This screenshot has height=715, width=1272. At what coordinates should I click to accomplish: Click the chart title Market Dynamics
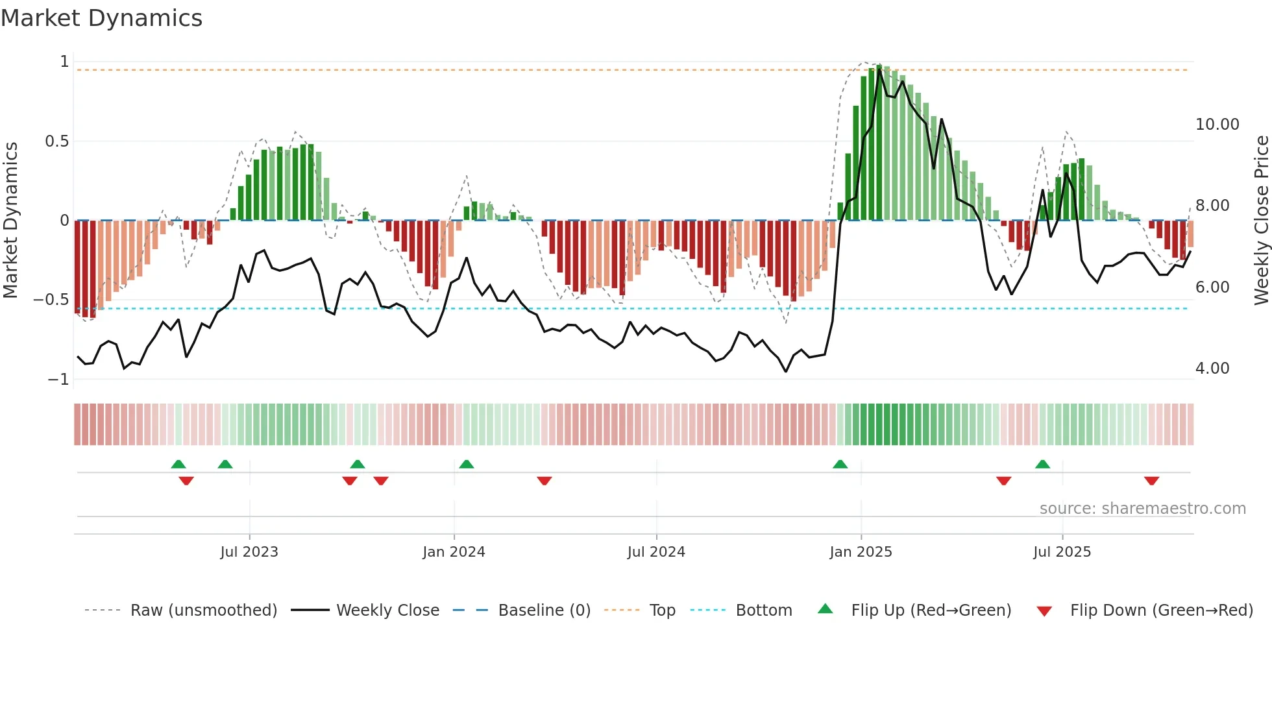pyautogui.click(x=101, y=18)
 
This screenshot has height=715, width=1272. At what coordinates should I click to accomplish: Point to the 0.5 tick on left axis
pyautogui.click(x=56, y=141)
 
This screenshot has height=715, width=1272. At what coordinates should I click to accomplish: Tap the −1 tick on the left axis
pyautogui.click(x=58, y=380)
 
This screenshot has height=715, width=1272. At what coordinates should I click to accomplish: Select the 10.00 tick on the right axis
pyautogui.click(x=1217, y=125)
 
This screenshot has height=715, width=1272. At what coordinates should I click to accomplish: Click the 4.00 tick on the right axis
pyautogui.click(x=1212, y=369)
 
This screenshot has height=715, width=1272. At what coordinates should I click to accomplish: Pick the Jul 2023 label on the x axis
pyautogui.click(x=249, y=552)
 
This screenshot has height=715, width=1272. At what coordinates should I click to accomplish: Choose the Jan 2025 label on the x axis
pyautogui.click(x=861, y=552)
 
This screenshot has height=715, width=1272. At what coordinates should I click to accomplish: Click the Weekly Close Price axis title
pyautogui.click(x=1261, y=221)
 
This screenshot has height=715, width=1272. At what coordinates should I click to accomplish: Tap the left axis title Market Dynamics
pyautogui.click(x=10, y=221)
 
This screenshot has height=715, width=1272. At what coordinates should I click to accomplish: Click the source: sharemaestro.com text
pyautogui.click(x=1142, y=509)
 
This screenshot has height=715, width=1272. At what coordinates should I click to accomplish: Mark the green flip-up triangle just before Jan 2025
pyautogui.click(x=840, y=465)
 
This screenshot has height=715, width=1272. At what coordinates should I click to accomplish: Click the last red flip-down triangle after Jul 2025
pyautogui.click(x=1151, y=481)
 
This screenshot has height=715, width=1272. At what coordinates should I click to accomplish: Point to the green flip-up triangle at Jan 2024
pyautogui.click(x=466, y=465)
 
